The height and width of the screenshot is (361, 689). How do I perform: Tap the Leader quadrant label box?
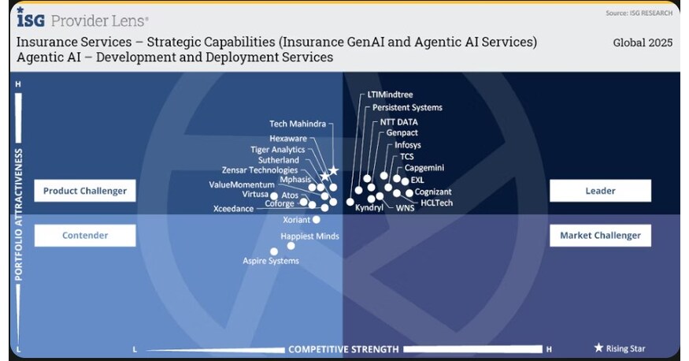pyautogui.click(x=600, y=191)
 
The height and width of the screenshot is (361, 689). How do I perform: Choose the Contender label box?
pyautogui.click(x=85, y=235)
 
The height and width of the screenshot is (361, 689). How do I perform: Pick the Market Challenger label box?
pyautogui.click(x=600, y=235)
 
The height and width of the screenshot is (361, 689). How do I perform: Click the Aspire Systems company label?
pyautogui.click(x=271, y=261)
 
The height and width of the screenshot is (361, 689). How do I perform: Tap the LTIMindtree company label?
pyautogui.click(x=391, y=94)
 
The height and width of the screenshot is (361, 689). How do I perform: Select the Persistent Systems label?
pyautogui.click(x=407, y=107)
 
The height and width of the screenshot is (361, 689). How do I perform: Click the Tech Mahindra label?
pyautogui.click(x=297, y=124)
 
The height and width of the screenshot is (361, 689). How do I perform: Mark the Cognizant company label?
pyautogui.click(x=433, y=192)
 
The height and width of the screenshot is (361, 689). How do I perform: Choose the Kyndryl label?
pyautogui.click(x=369, y=208)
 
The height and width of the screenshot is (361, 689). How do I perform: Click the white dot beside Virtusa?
pyautogui.click(x=274, y=195)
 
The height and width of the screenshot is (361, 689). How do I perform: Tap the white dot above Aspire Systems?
pyautogui.click(x=274, y=251)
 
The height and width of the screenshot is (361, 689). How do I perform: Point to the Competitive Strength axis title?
pyautogui.click(x=343, y=349)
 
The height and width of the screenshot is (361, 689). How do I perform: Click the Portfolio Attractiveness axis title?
pyautogui.click(x=19, y=215)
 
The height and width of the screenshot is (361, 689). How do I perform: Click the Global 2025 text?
pyautogui.click(x=643, y=43)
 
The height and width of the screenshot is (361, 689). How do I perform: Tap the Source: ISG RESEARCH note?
pyautogui.click(x=639, y=13)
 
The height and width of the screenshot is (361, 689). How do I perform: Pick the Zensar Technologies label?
pyautogui.click(x=260, y=170)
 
